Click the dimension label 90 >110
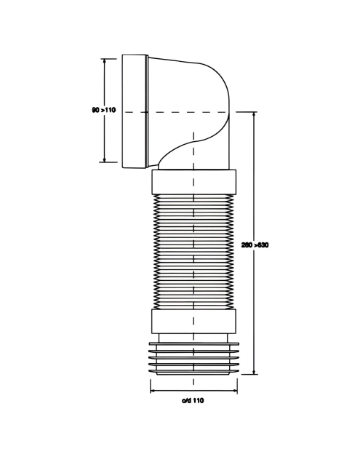[x=104, y=110]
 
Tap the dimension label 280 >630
[x=255, y=245]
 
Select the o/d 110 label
[x=193, y=401]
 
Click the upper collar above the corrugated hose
[x=193, y=182]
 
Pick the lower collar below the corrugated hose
[x=193, y=322]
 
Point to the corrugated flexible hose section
[x=193, y=252]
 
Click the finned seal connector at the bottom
[x=193, y=359]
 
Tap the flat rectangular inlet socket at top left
[x=135, y=111]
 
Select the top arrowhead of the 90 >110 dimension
[x=104, y=60]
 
